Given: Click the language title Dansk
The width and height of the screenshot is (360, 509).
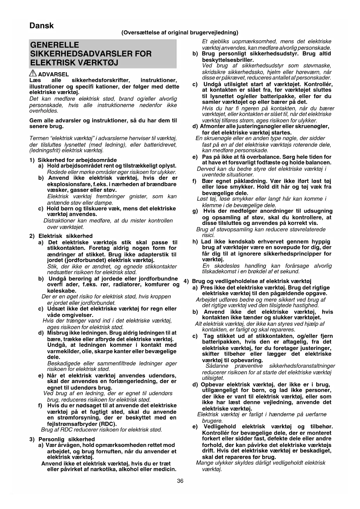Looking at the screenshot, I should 41,26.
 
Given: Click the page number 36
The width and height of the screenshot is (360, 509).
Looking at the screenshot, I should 180,481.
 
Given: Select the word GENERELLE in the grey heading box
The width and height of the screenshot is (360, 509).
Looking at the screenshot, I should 55,45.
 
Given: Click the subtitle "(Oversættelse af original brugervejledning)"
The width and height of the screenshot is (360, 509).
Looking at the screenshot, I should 180,33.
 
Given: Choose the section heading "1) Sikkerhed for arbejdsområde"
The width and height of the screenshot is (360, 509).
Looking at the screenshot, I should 73,160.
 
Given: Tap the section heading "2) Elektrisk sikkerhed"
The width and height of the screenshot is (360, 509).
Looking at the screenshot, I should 61,236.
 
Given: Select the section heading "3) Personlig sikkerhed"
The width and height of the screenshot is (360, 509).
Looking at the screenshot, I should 62,439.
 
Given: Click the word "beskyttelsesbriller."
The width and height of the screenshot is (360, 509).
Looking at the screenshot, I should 228,60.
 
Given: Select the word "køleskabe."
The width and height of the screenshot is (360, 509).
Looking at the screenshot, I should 61,291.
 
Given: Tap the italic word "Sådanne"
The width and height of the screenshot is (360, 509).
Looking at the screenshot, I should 217,366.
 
